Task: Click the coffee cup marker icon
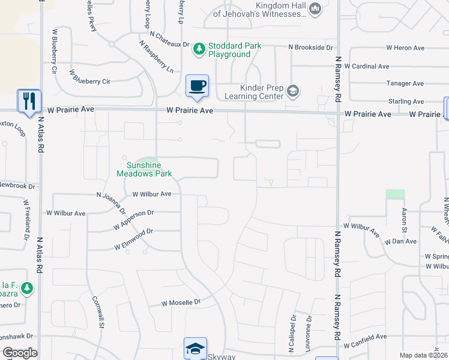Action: pos(197,86)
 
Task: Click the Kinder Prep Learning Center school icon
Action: pos(293,91)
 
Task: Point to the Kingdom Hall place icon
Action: pos(316,8)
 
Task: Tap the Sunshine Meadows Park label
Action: pos(144,169)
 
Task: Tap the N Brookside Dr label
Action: pos(310,47)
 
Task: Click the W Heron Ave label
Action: pos(405,47)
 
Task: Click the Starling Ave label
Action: pos(406,101)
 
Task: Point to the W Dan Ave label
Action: pos(402,241)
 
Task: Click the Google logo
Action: pos(19,352)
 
